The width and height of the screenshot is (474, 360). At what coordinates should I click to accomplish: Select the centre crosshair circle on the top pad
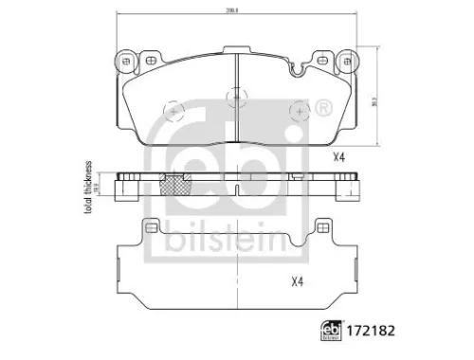(x=234, y=96)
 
